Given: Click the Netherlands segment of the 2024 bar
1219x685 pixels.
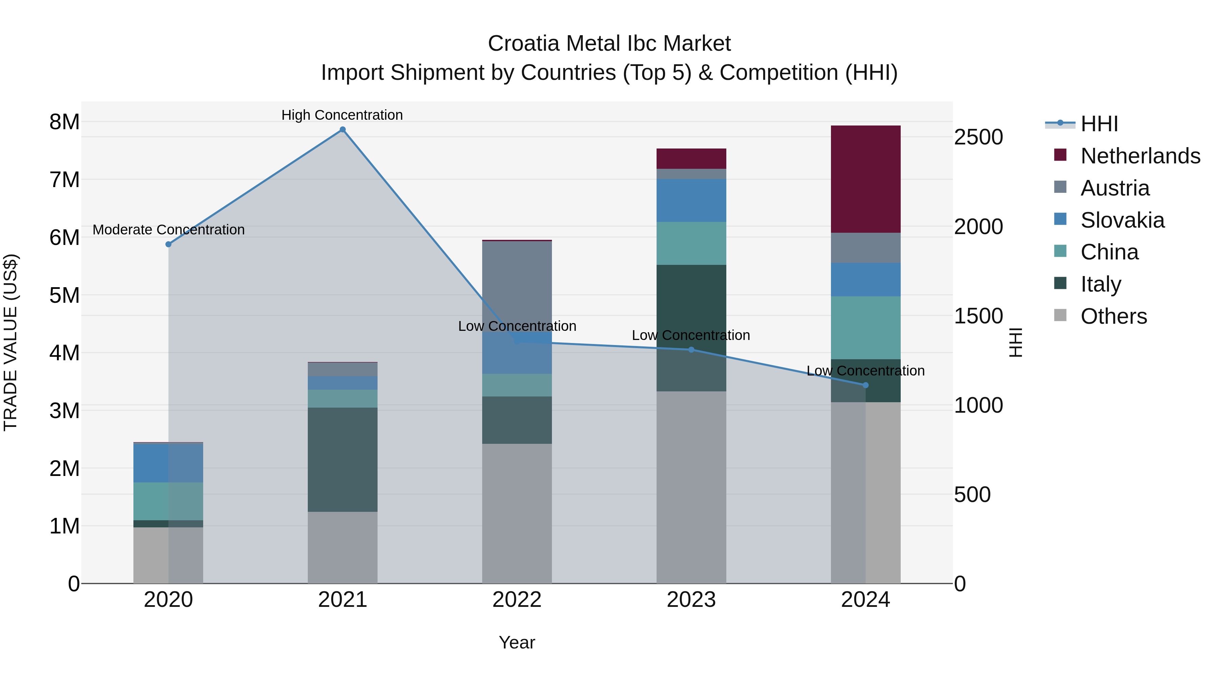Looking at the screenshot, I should [865, 179].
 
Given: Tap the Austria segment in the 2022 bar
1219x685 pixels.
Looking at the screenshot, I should [517, 286].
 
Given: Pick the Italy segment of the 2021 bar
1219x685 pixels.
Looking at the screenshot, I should [343, 459].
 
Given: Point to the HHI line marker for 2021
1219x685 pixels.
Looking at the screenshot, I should [343, 130].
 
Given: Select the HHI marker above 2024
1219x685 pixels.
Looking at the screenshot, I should [865, 385].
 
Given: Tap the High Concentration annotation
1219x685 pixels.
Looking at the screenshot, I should [342, 115].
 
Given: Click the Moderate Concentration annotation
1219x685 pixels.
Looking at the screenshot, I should [169, 230].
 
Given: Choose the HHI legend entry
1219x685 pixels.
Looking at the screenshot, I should [1099, 124].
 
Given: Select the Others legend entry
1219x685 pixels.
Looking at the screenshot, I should [1113, 316].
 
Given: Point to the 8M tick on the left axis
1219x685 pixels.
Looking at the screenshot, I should [64, 122].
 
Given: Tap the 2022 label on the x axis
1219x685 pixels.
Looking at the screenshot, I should [517, 600].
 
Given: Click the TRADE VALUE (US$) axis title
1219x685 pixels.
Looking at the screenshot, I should [10, 342].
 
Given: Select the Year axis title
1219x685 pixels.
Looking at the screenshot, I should [517, 642].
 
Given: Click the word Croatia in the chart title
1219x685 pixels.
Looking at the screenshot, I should [523, 44].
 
